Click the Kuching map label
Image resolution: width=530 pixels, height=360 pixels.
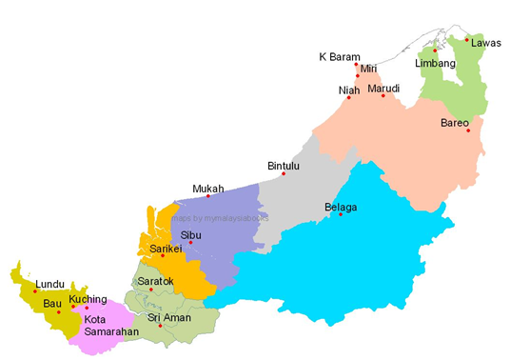point(88,299)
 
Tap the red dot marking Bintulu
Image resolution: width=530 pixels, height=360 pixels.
point(284,173)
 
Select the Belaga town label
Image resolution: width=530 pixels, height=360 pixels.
point(341,206)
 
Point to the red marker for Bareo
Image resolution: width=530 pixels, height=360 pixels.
point(467,130)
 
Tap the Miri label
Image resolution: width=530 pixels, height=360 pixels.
point(369,70)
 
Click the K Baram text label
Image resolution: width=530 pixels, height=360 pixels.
point(338,56)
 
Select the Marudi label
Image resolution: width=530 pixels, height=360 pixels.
point(383,88)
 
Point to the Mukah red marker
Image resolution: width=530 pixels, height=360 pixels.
point(208,196)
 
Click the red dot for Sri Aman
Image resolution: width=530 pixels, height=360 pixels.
point(160,327)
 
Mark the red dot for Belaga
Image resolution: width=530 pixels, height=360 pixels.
point(340,214)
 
